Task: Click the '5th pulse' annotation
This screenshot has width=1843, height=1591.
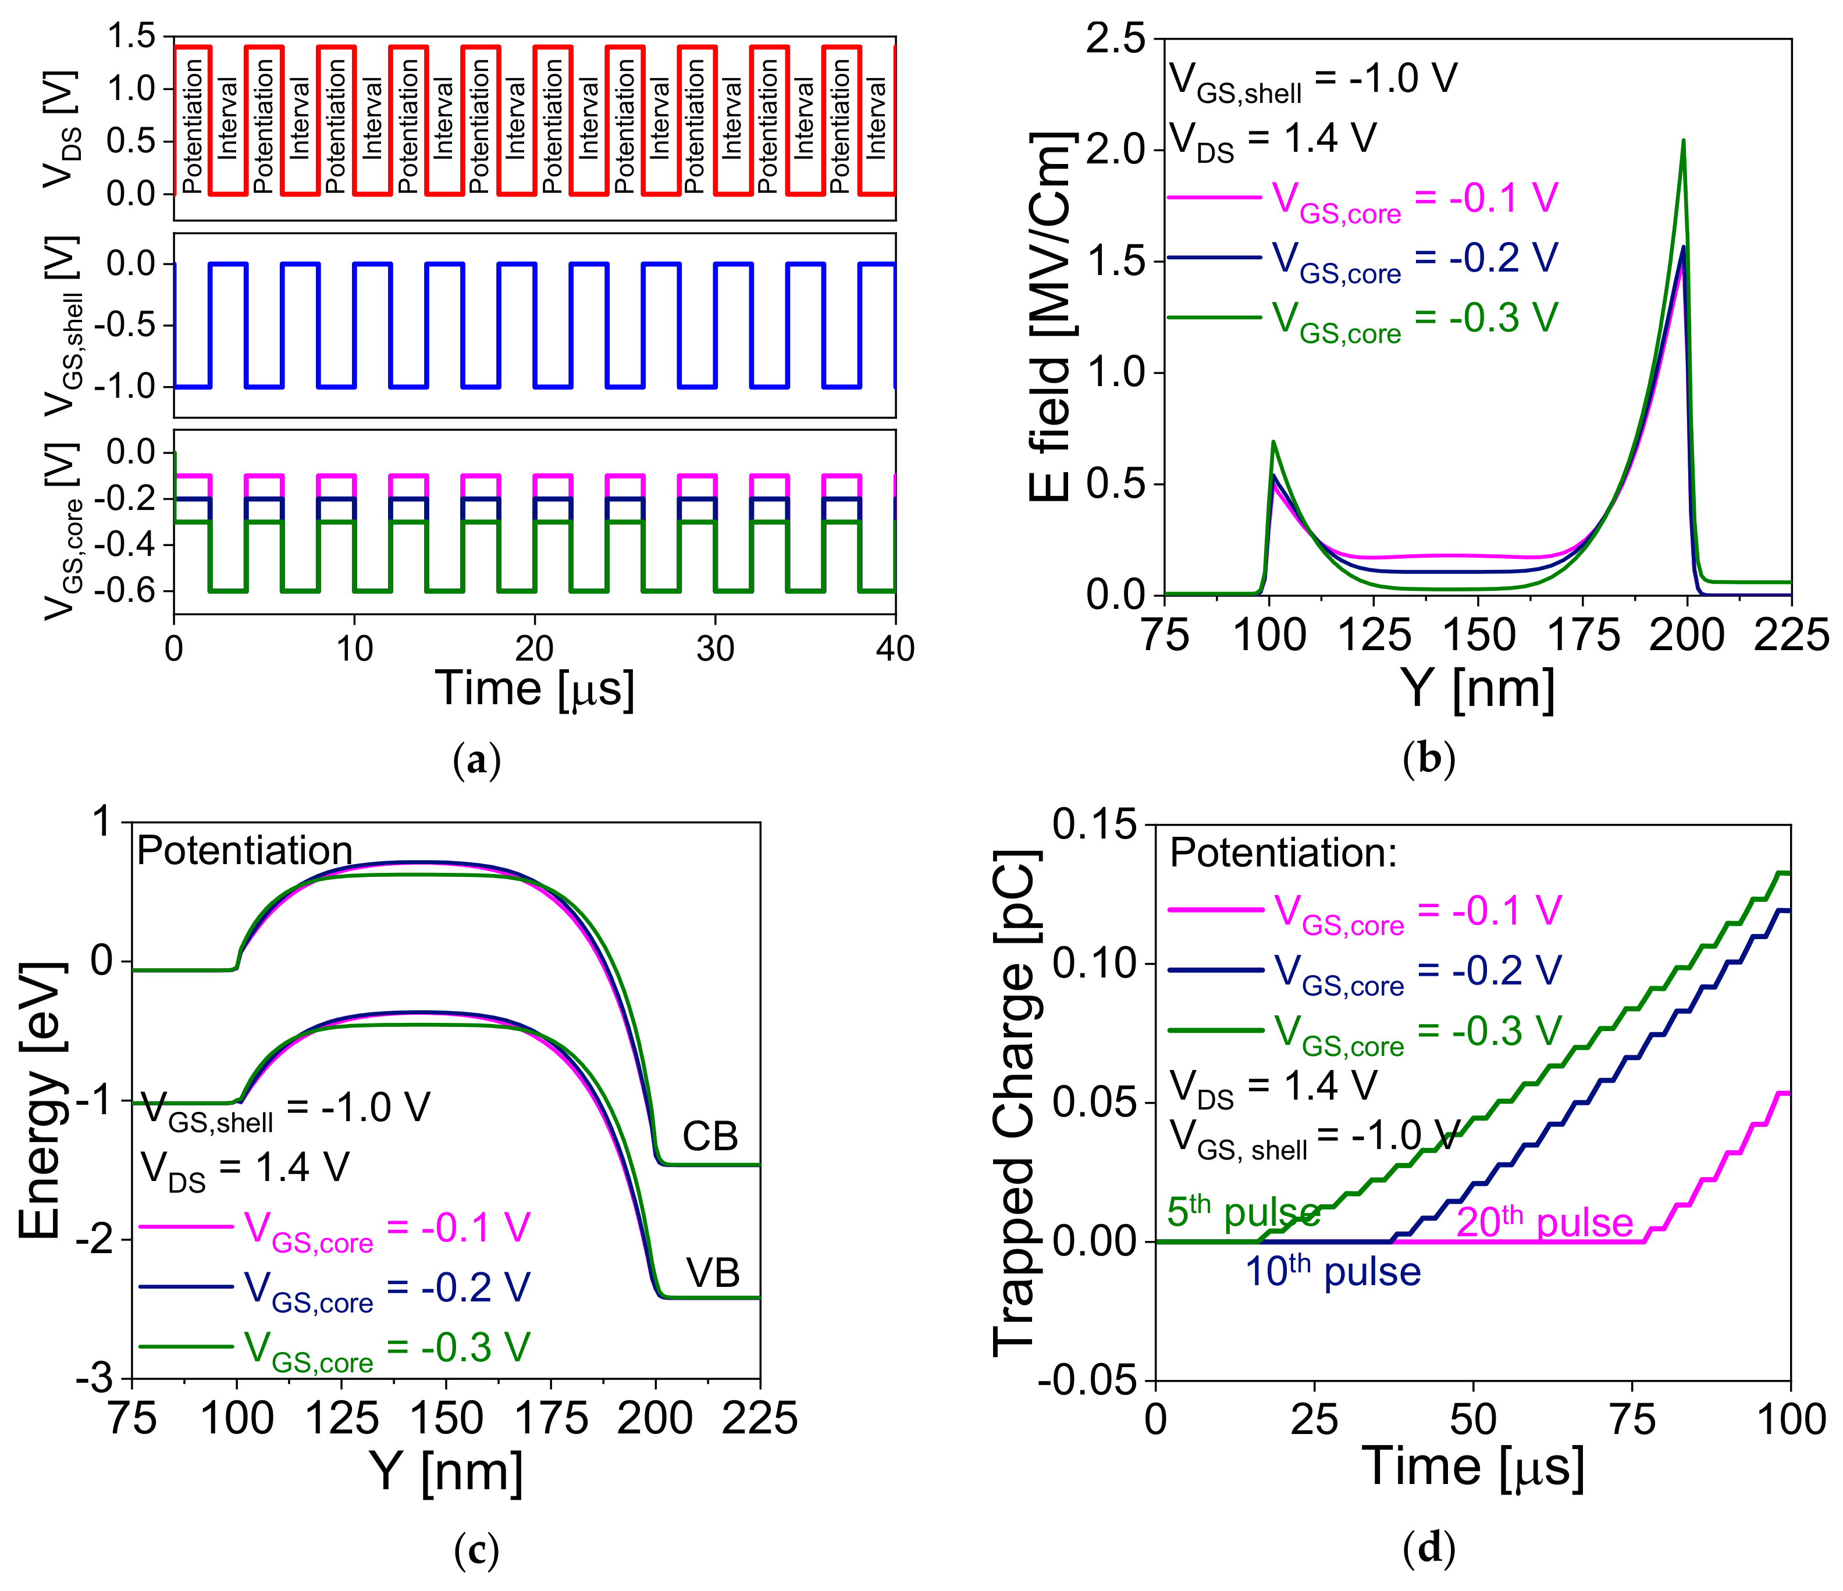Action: (x=1243, y=1211)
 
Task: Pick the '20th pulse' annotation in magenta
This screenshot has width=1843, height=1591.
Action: (x=1544, y=1223)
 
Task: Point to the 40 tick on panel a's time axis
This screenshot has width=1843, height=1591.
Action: (x=895, y=649)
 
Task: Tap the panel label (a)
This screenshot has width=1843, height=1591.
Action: (x=477, y=761)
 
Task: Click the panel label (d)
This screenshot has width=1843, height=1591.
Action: (x=1429, y=1549)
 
